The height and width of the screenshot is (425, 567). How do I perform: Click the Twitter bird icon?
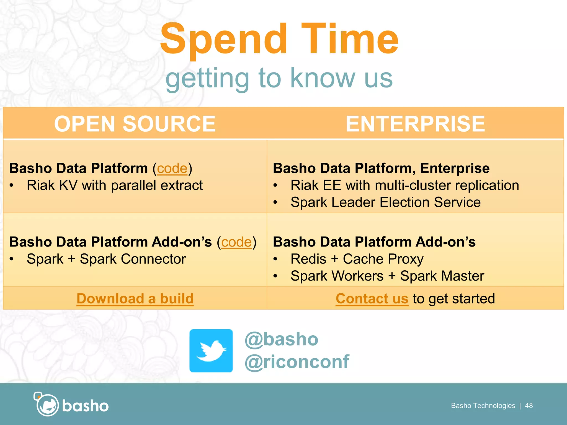(211, 351)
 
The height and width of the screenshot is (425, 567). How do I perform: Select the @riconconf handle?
(297, 362)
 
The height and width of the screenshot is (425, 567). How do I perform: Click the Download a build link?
(135, 299)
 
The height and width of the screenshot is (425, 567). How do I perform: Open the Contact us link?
(372, 299)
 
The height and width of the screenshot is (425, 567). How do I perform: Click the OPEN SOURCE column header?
(135, 124)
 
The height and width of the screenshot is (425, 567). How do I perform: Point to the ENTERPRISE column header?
(415, 124)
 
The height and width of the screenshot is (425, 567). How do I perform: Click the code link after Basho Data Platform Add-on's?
(236, 242)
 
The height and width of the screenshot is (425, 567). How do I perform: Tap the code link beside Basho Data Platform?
(172, 168)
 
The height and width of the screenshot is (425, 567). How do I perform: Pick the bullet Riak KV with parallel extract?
(115, 185)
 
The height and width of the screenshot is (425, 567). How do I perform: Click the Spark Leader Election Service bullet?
(385, 202)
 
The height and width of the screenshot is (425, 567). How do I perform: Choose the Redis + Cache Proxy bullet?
(357, 259)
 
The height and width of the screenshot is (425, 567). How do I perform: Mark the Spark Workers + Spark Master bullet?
(387, 276)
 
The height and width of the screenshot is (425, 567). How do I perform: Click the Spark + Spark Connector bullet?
(106, 259)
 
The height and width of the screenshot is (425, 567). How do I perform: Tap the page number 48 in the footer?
(529, 406)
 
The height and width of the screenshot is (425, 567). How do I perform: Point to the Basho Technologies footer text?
(483, 406)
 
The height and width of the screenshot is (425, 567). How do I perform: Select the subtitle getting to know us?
(279, 78)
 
